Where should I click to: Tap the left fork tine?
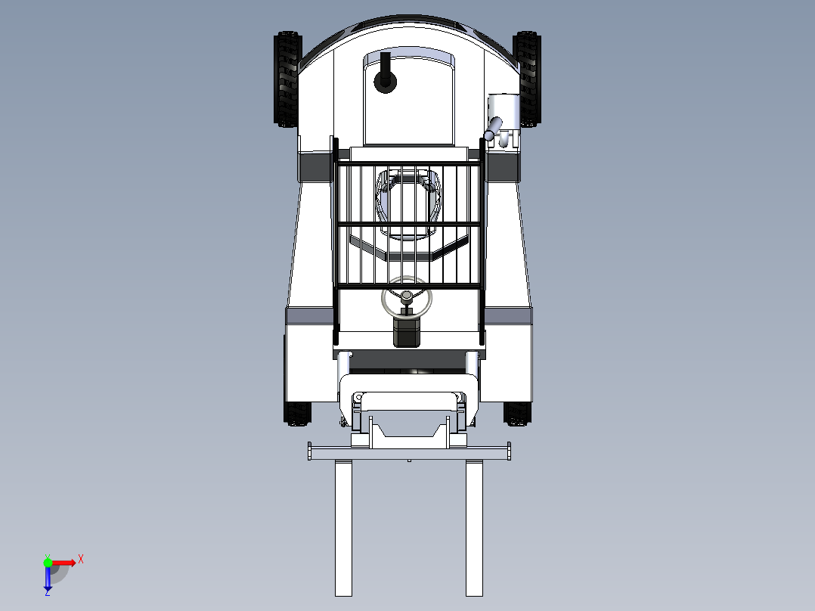click(x=343, y=528)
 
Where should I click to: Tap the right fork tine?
click(x=474, y=528)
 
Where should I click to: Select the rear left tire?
click(x=287, y=79)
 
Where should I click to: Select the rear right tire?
click(x=528, y=79)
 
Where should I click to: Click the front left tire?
click(x=298, y=414)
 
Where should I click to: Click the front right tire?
click(x=517, y=414)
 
